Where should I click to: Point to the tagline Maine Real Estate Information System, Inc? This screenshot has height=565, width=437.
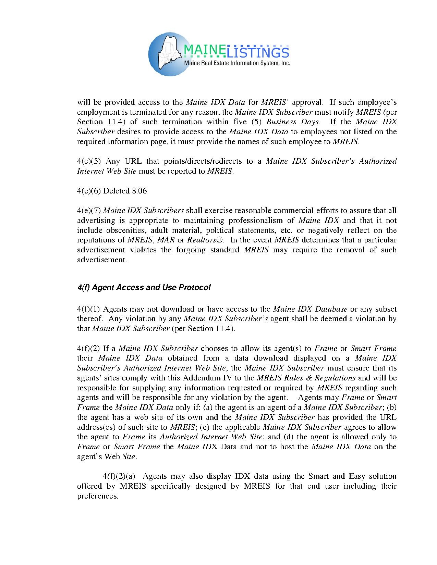[237, 63]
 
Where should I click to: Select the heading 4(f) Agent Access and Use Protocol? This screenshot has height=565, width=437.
[144, 288]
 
